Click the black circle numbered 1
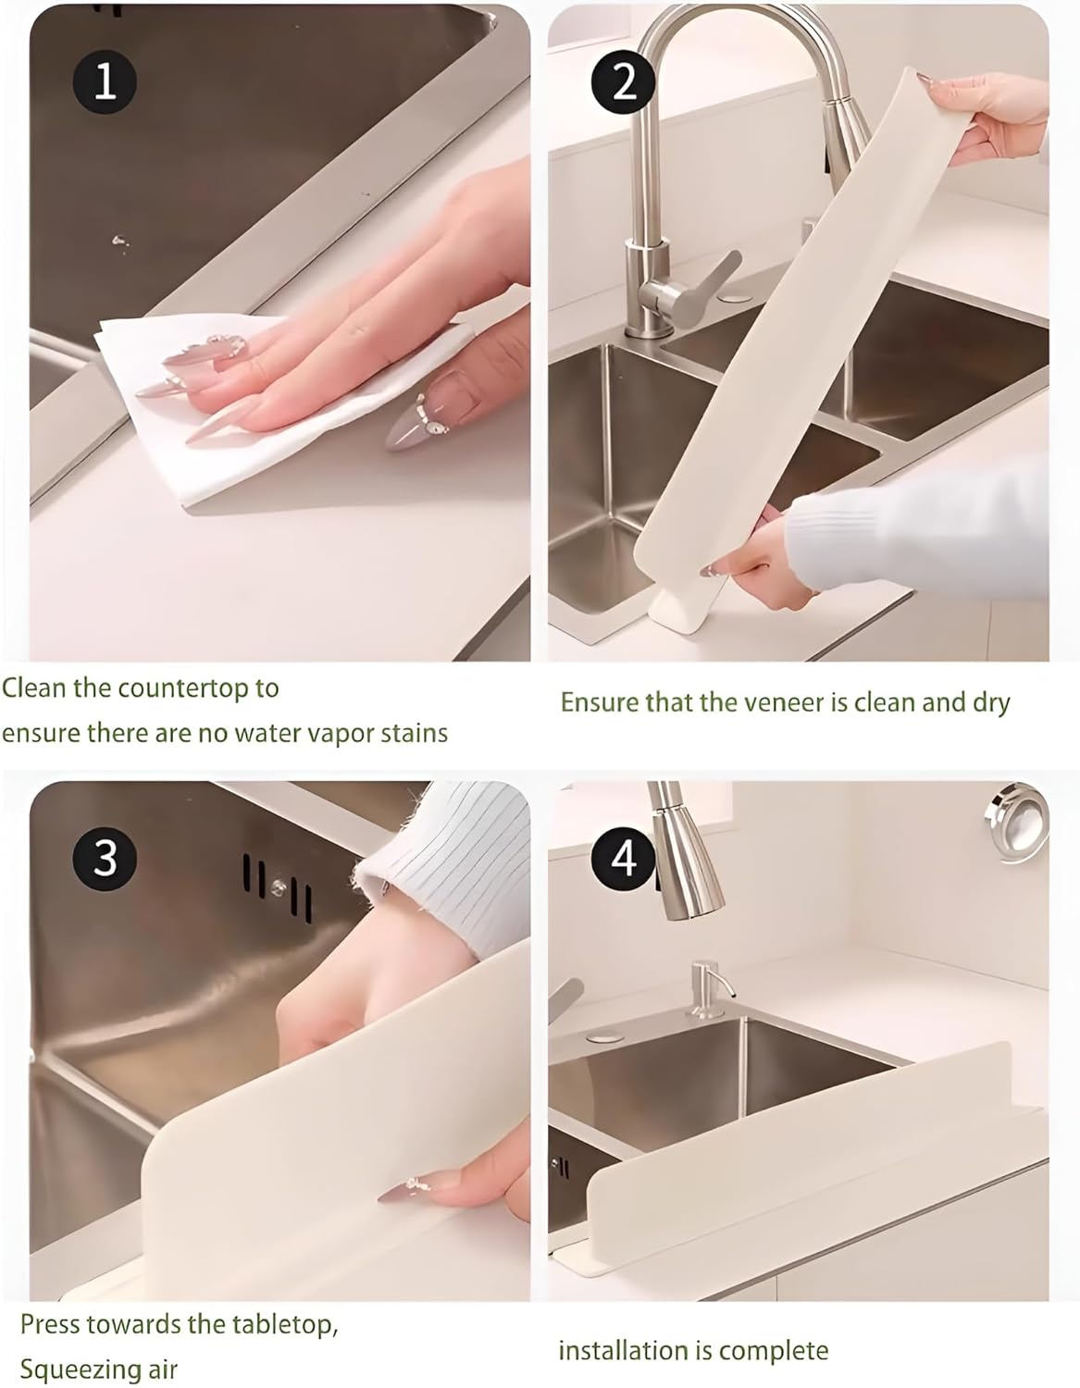tap(105, 82)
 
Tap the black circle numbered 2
tap(625, 82)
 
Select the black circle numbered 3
tap(105, 858)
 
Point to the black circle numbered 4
tap(625, 858)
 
